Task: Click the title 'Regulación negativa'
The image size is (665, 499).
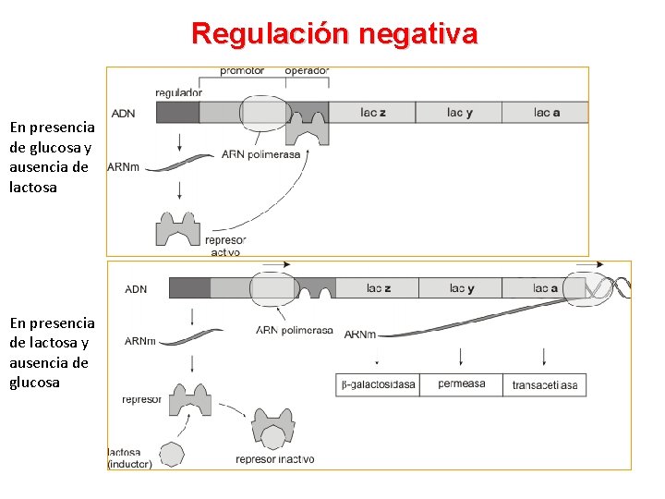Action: point(334,34)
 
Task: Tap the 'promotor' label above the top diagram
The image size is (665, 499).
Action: point(242,70)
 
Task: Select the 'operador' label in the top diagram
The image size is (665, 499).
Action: point(307,70)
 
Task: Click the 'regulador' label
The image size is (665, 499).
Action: point(179,92)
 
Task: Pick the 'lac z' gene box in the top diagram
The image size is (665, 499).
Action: point(372,113)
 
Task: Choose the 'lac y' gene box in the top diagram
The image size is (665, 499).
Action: point(459,113)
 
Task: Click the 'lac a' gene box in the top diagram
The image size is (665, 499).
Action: point(546,113)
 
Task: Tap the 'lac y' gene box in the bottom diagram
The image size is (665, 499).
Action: point(462,288)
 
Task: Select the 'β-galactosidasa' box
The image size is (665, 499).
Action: point(378,384)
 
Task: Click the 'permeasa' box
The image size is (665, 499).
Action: point(461,384)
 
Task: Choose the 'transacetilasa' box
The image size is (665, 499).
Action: point(545,384)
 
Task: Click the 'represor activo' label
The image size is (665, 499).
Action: point(225,246)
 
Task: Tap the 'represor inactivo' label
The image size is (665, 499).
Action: point(274,459)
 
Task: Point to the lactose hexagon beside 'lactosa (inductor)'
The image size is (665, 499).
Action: point(172,454)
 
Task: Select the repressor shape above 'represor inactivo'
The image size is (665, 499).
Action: point(272,430)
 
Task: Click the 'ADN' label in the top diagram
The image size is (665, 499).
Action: point(123,114)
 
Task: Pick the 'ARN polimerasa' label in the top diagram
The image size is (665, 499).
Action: point(261,155)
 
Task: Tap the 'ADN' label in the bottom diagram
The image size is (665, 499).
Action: point(136,289)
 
